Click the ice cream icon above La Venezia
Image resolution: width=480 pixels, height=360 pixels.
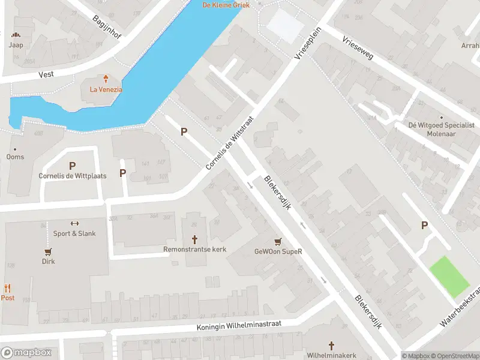click(x=106, y=79)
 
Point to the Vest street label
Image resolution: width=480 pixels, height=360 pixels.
click(x=46, y=75)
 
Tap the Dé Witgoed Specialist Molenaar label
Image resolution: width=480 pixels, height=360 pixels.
click(x=442, y=128)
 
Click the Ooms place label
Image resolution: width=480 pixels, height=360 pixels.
click(x=15, y=157)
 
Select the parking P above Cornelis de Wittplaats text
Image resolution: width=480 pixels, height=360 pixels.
click(x=73, y=166)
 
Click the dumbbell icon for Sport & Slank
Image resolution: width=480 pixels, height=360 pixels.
click(x=74, y=224)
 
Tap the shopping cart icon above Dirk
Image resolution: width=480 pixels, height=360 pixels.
click(x=48, y=252)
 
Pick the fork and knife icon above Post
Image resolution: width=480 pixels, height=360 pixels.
click(x=7, y=288)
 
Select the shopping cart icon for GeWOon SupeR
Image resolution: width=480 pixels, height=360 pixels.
click(x=277, y=242)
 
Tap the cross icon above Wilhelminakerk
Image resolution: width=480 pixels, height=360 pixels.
click(x=331, y=346)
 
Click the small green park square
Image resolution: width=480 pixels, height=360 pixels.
click(x=449, y=276)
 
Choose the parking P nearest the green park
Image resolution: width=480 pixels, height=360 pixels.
click(x=425, y=226)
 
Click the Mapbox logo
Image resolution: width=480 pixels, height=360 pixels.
click(x=26, y=353)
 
